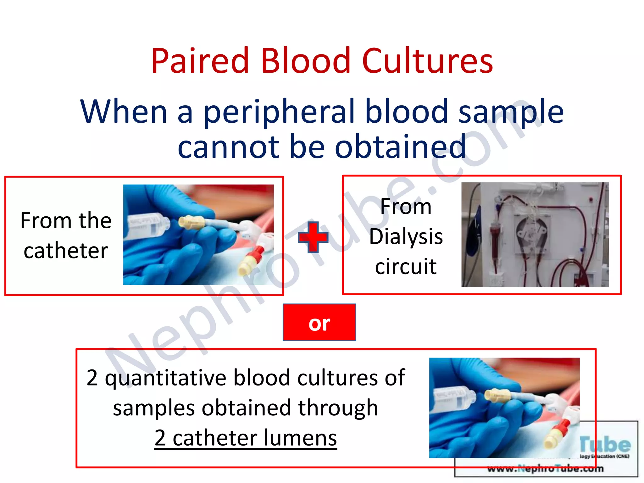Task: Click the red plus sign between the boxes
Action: pyautogui.click(x=313, y=237)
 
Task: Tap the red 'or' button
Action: pyautogui.click(x=319, y=322)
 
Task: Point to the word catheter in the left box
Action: pyautogui.click(x=66, y=251)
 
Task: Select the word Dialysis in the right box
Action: pyautogui.click(x=406, y=236)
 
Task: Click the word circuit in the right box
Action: pyautogui.click(x=406, y=266)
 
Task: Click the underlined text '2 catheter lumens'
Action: pyautogui.click(x=246, y=438)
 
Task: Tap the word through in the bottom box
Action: pyautogui.click(x=338, y=408)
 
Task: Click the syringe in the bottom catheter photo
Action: pyautogui.click(x=453, y=399)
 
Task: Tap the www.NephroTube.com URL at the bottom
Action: pyautogui.click(x=546, y=469)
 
